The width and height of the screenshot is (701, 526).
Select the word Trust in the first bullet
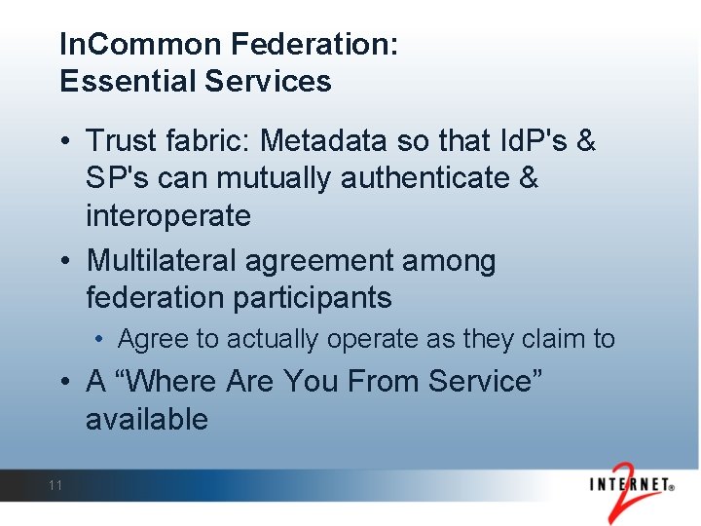(120, 141)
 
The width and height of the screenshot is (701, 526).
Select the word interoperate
(167, 215)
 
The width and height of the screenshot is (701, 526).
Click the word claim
(548, 339)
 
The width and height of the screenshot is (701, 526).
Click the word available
(147, 419)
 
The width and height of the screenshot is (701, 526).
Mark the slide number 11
(55, 485)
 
